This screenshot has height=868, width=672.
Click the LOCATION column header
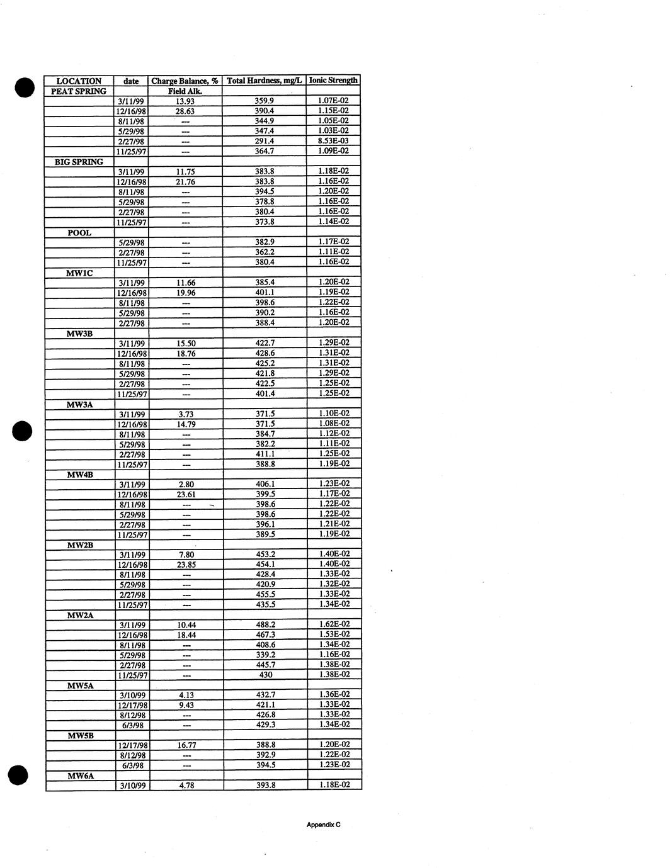pyautogui.click(x=79, y=81)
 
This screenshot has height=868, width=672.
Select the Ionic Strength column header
pyautogui.click(x=334, y=81)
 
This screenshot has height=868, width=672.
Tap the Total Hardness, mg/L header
pyautogui.click(x=265, y=81)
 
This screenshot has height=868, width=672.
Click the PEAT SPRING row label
pyautogui.click(x=79, y=91)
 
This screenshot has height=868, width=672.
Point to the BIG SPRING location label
pyautogui.click(x=79, y=162)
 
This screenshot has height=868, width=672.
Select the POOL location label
pyautogui.click(x=79, y=233)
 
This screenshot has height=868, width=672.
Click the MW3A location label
pyautogui.click(x=80, y=404)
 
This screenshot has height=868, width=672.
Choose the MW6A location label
pyautogui.click(x=81, y=776)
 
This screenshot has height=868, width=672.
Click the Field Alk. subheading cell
pyautogui.click(x=185, y=91)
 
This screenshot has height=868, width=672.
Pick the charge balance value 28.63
pyautogui.click(x=185, y=111)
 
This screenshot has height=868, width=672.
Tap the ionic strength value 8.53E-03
pyautogui.click(x=334, y=141)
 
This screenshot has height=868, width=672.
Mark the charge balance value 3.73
pyautogui.click(x=186, y=414)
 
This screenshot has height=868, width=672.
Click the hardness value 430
pyautogui.click(x=266, y=675)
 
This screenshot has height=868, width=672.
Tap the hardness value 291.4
pyautogui.click(x=265, y=142)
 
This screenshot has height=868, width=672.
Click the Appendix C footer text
pyautogui.click(x=324, y=825)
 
